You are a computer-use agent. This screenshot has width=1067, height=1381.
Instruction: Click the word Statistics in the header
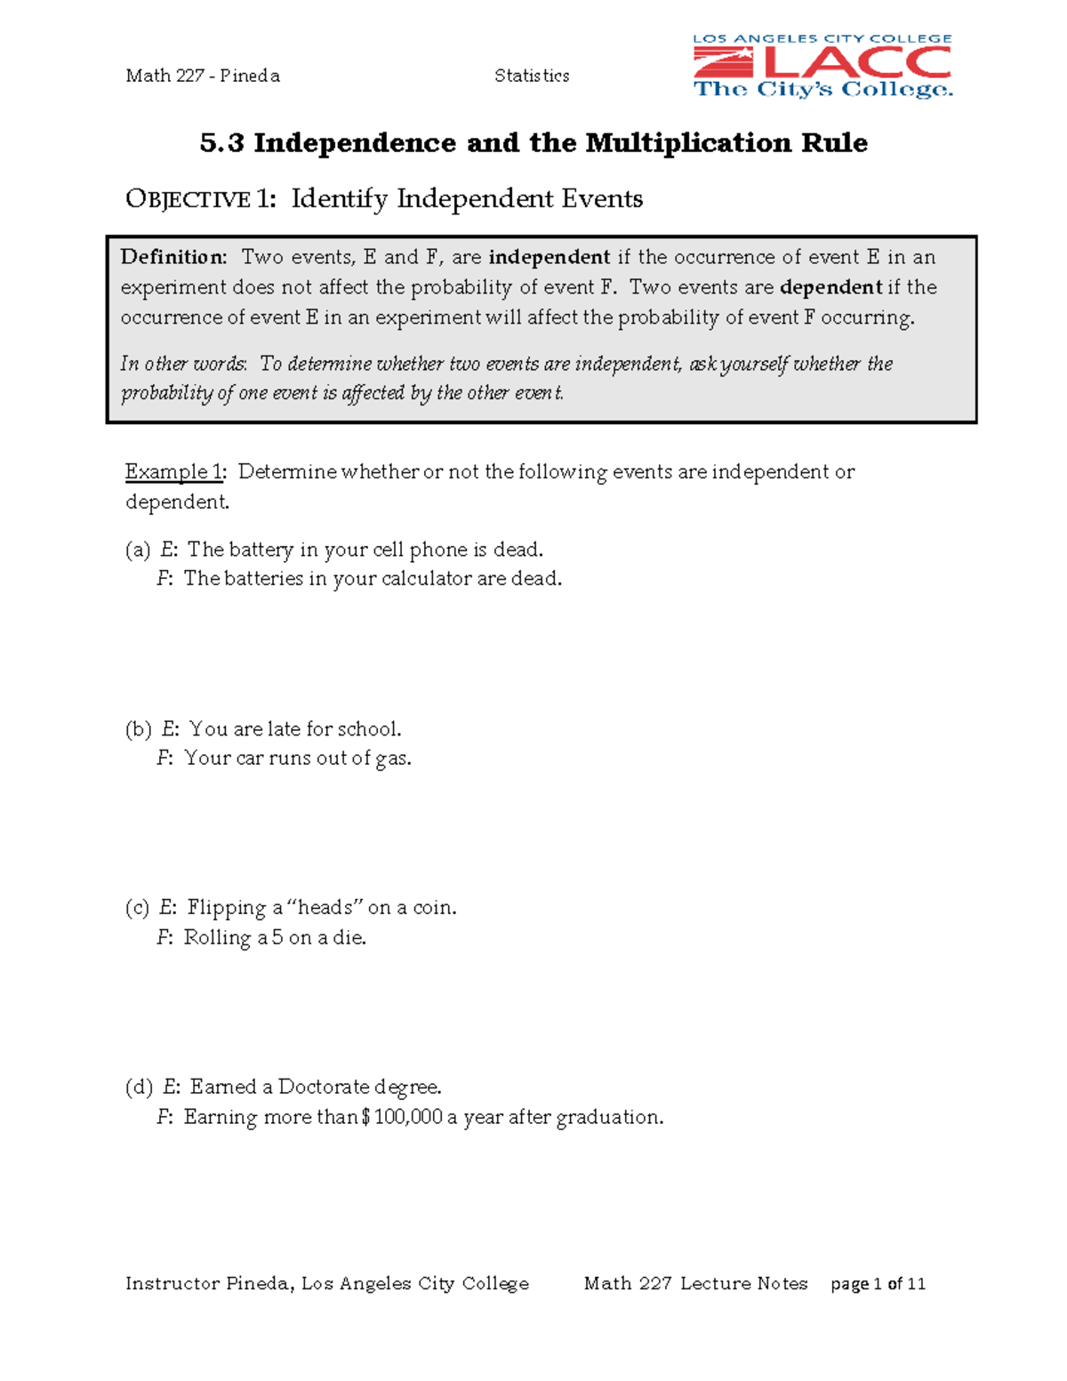coord(532,76)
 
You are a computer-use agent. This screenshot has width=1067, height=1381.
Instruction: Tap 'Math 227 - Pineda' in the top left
coord(203,76)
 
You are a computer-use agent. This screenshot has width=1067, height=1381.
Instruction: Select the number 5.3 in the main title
coord(221,142)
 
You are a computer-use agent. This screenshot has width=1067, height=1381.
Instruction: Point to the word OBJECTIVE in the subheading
coord(188,199)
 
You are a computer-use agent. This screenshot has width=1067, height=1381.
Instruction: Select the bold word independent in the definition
coord(550,257)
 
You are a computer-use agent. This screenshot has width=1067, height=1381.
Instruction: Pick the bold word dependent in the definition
coord(830,287)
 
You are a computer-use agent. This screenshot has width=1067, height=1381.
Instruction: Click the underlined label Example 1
coord(175,471)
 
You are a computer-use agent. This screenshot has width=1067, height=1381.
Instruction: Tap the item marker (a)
coord(138,550)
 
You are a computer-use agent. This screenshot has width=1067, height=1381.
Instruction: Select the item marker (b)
coord(139,729)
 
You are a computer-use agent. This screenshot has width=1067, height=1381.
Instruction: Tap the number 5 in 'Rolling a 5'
coord(277,937)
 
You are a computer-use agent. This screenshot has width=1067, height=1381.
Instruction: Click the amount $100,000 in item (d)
coord(402,1117)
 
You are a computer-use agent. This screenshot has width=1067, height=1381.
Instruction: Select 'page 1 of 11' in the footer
coord(878,1283)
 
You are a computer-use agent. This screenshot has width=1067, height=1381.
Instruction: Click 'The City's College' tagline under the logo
coord(822,89)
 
